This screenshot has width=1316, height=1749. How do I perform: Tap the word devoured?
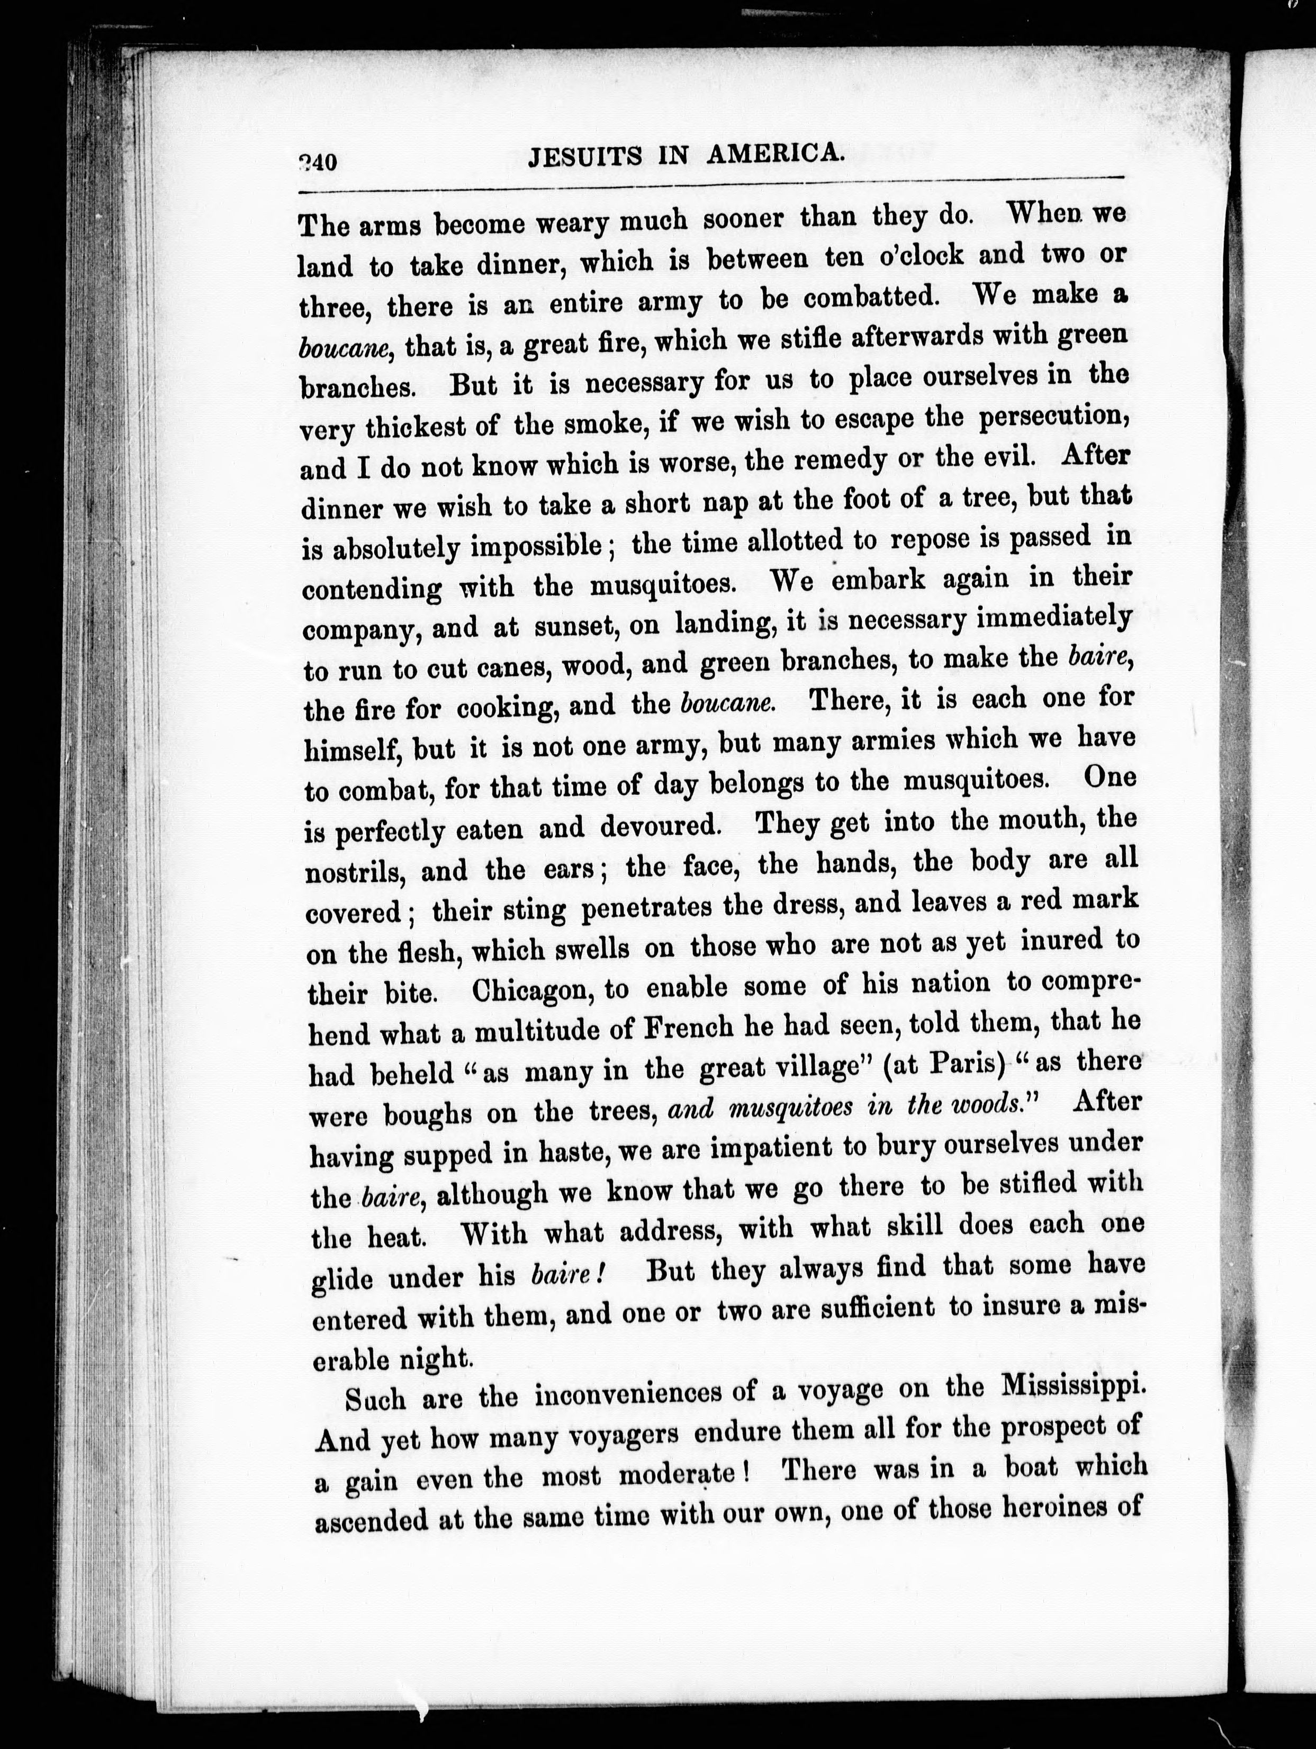660,826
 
